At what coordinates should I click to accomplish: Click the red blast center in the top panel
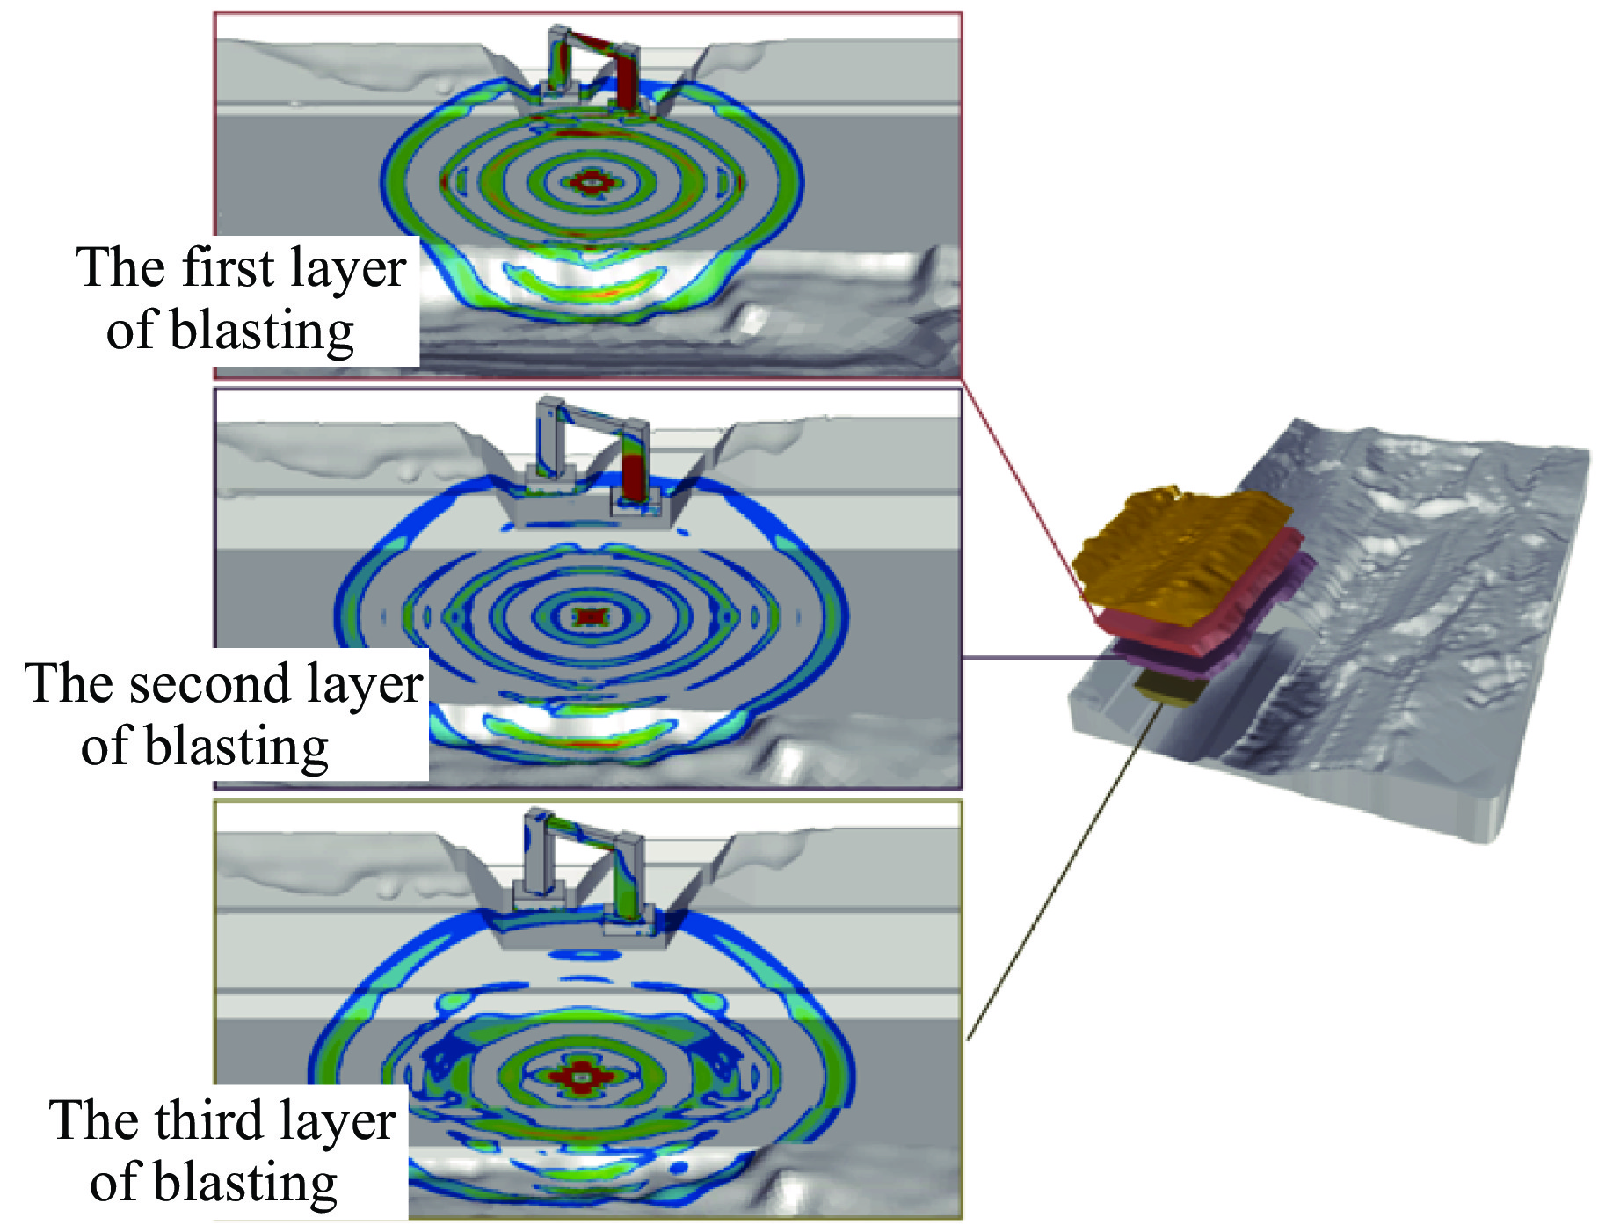point(589,182)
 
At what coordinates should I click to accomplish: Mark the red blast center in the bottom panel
point(580,1076)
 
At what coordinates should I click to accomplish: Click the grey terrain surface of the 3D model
point(1406,616)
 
